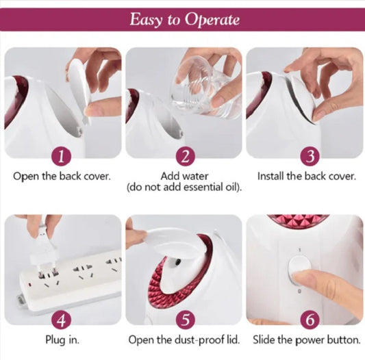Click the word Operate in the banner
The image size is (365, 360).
[x=212, y=20]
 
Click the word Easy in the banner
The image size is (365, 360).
[x=146, y=19]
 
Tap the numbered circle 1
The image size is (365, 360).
[x=61, y=156]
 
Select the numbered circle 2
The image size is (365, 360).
[x=185, y=156]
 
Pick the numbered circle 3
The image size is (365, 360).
[x=310, y=156]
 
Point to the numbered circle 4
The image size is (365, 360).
[x=61, y=320]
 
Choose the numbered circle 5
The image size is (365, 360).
[x=186, y=320]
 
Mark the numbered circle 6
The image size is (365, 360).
[x=310, y=320]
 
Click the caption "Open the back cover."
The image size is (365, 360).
[x=62, y=177]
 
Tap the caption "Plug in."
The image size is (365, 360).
[x=62, y=339]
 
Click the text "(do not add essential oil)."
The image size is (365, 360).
[x=184, y=188]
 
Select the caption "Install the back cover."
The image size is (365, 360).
[x=307, y=176]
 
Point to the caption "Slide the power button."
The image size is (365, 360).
[x=307, y=339]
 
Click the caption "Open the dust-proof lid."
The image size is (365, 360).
[x=184, y=339]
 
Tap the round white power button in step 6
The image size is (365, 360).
[x=299, y=270]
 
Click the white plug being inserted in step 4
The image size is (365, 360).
[x=45, y=250]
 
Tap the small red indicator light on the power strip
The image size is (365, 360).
[x=30, y=284]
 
